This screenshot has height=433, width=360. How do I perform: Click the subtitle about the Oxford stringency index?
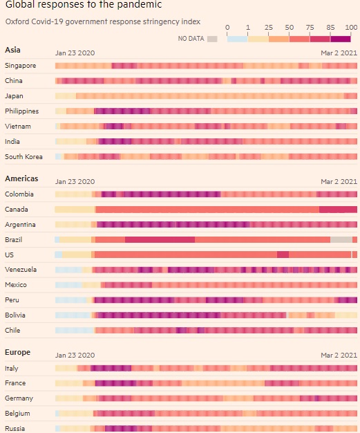[88, 21]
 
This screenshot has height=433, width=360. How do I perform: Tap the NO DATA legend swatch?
[212, 39]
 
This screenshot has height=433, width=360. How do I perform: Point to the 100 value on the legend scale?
[351, 28]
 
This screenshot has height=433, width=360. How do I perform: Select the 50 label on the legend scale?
[289, 28]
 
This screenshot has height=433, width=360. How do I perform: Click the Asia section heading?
[12, 50]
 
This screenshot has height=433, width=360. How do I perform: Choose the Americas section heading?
[21, 178]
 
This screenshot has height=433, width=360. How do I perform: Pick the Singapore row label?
[21, 66]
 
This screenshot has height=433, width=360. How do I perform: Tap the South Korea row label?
[23, 156]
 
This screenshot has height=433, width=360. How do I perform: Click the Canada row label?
[16, 209]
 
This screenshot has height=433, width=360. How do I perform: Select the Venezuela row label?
[21, 269]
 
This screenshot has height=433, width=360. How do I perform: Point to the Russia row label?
[15, 428]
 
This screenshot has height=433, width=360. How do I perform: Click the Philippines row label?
[22, 111]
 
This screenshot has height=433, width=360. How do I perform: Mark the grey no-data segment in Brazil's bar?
[341, 239]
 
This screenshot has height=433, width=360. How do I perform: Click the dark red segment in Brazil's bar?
[160, 239]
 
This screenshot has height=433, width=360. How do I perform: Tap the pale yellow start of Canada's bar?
[75, 209]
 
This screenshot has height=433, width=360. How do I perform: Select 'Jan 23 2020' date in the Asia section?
[75, 53]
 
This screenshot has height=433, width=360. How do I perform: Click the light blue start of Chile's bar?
[73, 330]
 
